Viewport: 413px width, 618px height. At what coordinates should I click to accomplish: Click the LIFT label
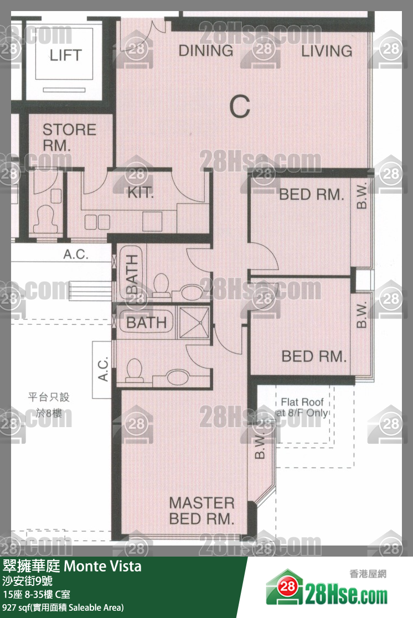point(65,55)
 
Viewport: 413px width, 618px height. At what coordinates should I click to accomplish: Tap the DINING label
point(205,51)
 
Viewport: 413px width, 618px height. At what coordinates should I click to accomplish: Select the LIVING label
point(327,51)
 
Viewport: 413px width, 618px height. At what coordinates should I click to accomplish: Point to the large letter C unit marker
point(240,106)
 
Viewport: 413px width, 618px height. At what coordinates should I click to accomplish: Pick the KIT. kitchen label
point(141,193)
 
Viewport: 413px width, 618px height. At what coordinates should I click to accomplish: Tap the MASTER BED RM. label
point(202,511)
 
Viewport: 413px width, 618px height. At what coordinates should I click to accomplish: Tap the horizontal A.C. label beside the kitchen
point(76,255)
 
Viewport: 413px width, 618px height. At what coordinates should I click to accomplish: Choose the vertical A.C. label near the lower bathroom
point(103,369)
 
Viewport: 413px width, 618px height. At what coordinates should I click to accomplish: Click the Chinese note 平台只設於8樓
point(49,405)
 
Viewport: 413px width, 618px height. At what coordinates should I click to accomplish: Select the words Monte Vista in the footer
point(102,567)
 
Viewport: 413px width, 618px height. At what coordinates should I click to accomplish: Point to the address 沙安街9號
point(28,581)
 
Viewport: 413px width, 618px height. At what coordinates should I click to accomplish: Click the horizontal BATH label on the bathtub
point(146,323)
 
